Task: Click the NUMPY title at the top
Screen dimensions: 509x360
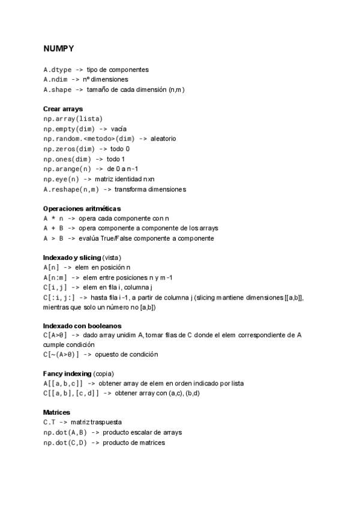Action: [x=59, y=47]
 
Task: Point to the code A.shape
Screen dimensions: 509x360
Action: [x=57, y=89]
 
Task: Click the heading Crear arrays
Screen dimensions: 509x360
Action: [x=63, y=109]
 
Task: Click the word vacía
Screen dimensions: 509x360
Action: [x=119, y=128]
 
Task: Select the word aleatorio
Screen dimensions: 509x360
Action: [x=163, y=139]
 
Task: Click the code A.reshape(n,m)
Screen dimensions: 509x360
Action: [x=71, y=189]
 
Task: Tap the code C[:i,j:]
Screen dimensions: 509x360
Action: [x=59, y=297]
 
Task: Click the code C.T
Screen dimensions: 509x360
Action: [x=49, y=422]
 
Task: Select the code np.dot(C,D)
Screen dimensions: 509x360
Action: [x=65, y=442]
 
